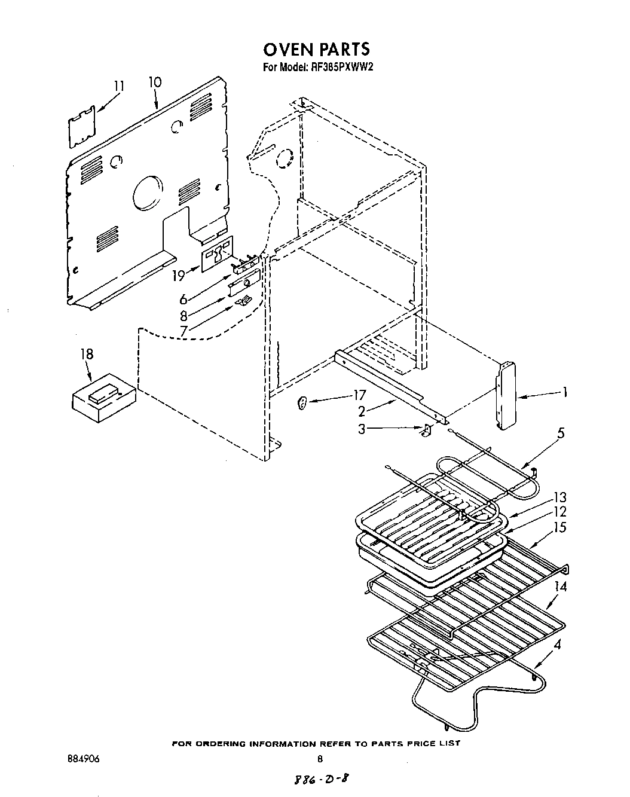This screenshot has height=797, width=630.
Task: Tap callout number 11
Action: pos(119,86)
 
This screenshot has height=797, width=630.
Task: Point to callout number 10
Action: pos(154,82)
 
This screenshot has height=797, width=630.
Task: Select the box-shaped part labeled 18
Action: pos(103,397)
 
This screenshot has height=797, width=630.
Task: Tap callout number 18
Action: pos(87,354)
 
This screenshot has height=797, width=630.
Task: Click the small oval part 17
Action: pos(302,404)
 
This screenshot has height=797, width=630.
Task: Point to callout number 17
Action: pos(359,395)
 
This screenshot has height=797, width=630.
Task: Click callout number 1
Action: pos(563,393)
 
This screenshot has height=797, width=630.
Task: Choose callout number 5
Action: pos(560,432)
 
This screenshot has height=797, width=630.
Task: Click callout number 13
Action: pos(560,497)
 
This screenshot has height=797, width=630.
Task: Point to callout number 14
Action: pos(560,587)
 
